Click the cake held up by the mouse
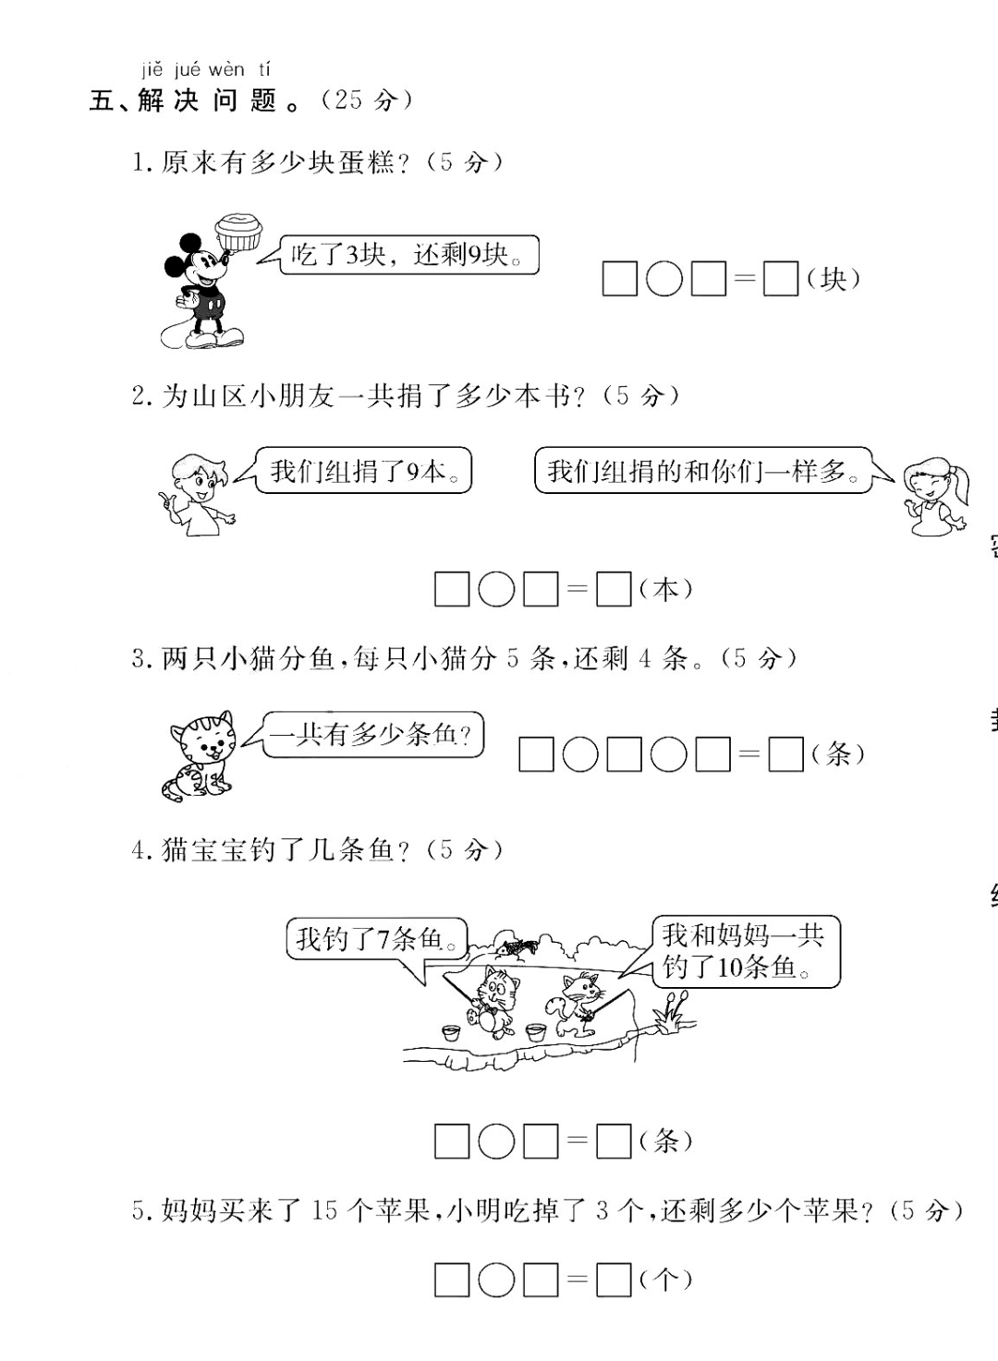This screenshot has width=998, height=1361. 238,231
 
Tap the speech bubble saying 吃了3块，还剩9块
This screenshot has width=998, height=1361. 407,255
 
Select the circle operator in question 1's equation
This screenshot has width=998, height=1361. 663,279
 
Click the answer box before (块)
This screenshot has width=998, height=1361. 780,279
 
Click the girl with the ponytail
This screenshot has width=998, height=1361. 935,499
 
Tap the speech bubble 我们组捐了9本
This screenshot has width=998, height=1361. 362,471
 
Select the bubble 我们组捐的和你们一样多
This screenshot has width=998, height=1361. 702,471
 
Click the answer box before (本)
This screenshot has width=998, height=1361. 614,589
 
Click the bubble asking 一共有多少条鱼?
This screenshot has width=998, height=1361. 373,735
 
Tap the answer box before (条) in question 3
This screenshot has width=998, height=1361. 785,754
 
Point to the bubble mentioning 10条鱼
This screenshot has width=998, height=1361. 745,952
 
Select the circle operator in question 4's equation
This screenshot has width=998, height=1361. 496,1142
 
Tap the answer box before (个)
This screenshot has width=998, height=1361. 614,1280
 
